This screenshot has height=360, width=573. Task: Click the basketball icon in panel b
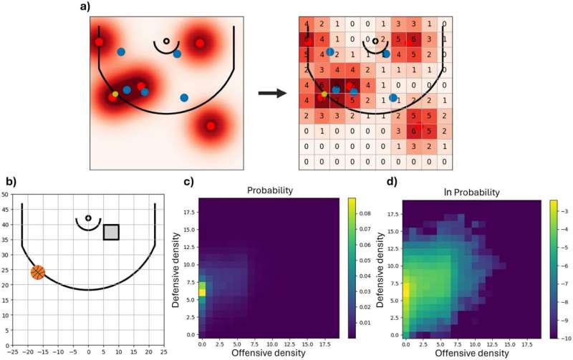[38, 272]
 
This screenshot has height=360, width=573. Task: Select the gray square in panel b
[111, 232]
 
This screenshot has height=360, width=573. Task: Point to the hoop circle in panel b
[88, 218]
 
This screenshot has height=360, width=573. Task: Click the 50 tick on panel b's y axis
[6, 194]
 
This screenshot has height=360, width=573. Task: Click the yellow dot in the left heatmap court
[115, 94]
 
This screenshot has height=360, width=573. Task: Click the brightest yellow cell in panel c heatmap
[203, 292]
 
